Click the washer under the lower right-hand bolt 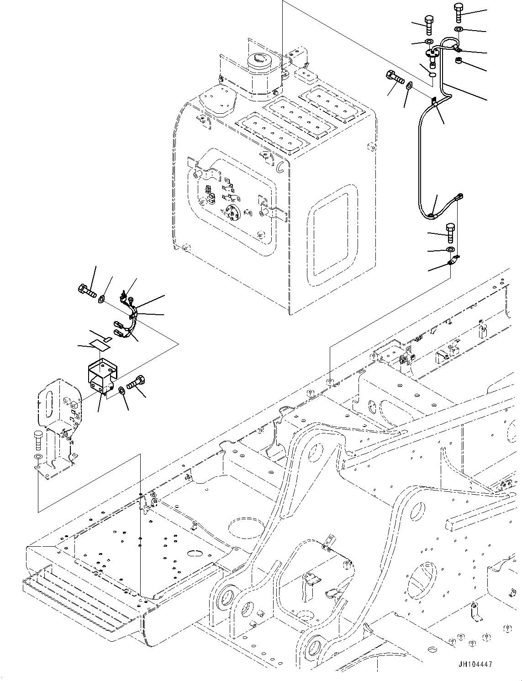click(450, 249)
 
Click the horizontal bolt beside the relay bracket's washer click(137, 382)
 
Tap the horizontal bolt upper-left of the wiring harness click(85, 289)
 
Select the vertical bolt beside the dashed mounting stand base click(38, 440)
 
